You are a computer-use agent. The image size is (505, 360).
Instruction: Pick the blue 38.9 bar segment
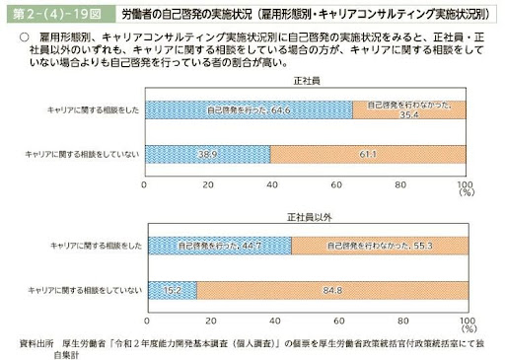(x=207, y=155)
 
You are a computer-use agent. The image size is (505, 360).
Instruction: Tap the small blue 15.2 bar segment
(x=170, y=288)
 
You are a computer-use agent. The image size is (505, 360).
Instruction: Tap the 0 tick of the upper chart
(x=145, y=184)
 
